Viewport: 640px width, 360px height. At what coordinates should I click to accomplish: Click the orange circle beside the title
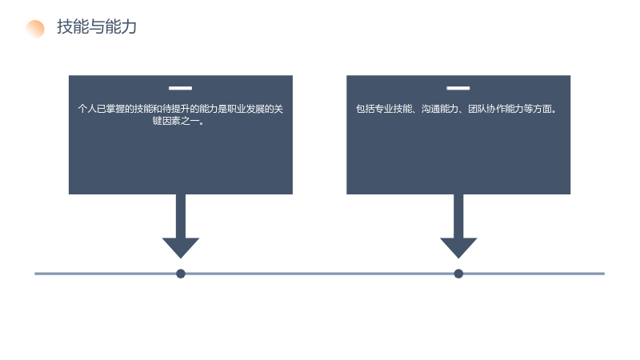pos(35,29)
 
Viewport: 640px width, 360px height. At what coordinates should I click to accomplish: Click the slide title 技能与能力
pos(97,27)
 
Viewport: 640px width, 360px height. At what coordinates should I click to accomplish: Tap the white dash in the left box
pos(181,88)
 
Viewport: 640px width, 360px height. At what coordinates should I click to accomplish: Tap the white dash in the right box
pos(458,88)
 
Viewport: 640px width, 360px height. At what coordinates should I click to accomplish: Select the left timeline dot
pos(181,274)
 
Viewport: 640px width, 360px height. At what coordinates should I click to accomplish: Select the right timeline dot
pos(458,274)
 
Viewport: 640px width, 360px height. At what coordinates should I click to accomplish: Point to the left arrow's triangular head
pos(181,248)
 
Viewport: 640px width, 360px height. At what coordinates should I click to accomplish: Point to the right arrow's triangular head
pos(458,248)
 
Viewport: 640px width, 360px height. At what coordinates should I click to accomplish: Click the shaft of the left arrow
pos(181,216)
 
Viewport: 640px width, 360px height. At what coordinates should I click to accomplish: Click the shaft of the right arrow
pos(458,216)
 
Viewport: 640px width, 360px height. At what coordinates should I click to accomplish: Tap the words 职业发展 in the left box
pos(246,109)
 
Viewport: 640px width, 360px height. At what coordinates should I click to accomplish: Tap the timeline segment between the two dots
pos(319,274)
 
